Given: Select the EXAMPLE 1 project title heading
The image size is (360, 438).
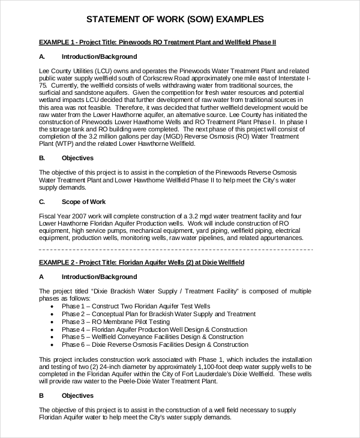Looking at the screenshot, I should tap(157, 43).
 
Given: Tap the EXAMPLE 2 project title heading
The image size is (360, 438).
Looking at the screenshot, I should tap(142, 263).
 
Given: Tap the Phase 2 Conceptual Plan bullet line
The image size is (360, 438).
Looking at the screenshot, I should tap(158, 314).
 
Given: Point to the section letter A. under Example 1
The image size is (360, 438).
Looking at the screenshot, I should tap(42, 57).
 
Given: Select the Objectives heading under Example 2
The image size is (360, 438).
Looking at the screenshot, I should tap(77, 395).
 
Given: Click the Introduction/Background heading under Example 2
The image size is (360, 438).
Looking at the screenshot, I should tap(99, 277).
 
